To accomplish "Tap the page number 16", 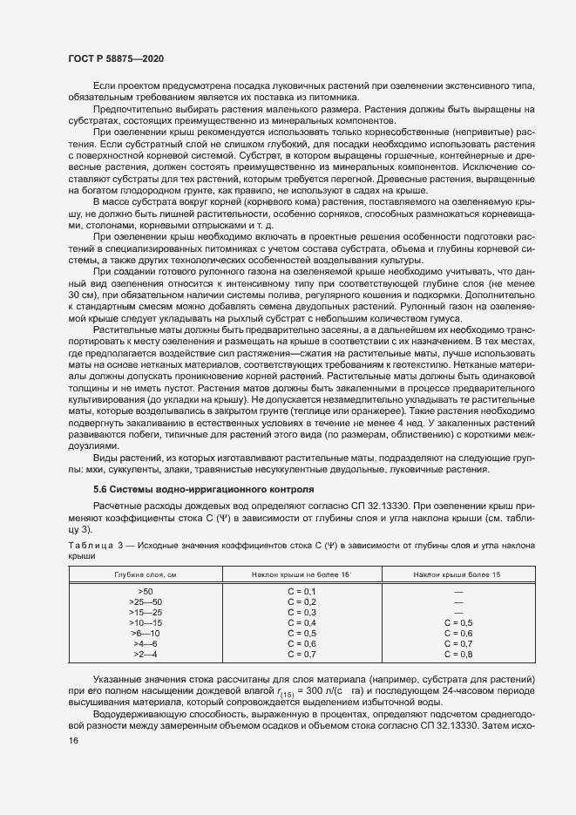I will (x=74, y=740).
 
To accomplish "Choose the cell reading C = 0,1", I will (x=302, y=591).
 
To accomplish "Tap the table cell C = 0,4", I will (x=302, y=622).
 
